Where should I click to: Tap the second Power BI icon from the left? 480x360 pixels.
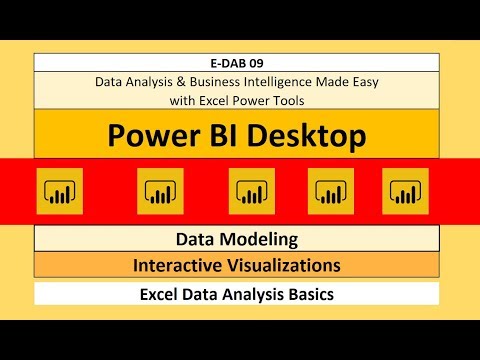pos(160,190)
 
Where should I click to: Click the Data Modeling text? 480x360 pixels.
pos(237,240)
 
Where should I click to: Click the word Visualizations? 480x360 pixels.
pos(285,265)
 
